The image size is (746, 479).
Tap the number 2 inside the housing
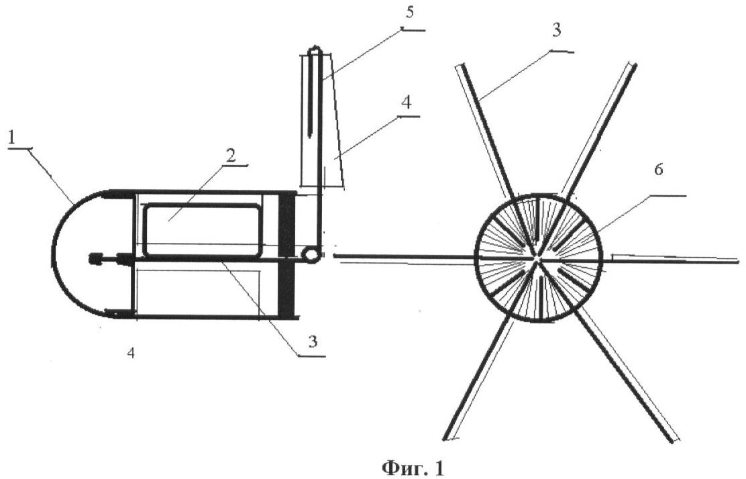(x=231, y=156)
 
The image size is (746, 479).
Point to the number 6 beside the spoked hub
(x=659, y=170)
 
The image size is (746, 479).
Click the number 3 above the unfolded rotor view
(x=556, y=30)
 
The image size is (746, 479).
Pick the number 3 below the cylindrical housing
(x=313, y=341)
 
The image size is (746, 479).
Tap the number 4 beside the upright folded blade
(x=406, y=102)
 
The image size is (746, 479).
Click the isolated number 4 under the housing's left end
(x=131, y=352)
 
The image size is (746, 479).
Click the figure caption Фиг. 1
(x=413, y=468)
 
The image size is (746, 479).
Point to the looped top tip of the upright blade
(x=315, y=50)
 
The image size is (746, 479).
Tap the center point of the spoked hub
(x=538, y=258)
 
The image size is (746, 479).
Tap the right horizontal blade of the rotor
(x=672, y=259)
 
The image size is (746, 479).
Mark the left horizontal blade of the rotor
(x=405, y=258)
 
